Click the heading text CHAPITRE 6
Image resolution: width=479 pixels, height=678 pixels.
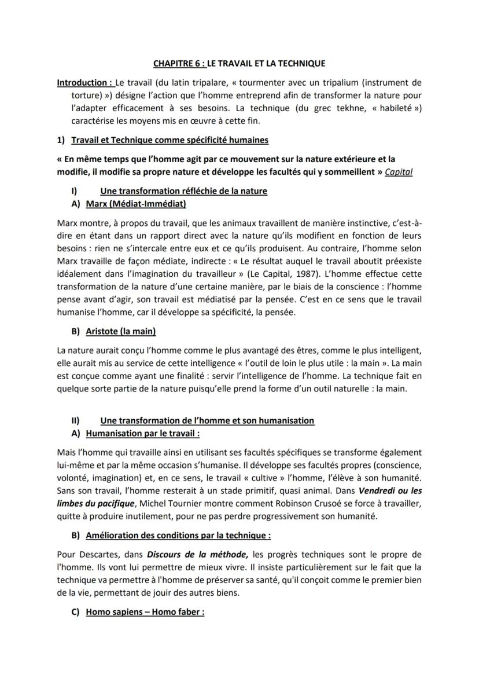pyautogui.click(x=179, y=63)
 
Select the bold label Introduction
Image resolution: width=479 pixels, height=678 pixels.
pyautogui.click(x=84, y=83)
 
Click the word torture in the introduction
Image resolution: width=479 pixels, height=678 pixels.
pyautogui.click(x=87, y=96)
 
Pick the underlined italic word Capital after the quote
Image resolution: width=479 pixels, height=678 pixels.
pyautogui.click(x=399, y=172)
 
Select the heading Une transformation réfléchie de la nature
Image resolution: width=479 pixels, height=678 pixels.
pyautogui.click(x=183, y=191)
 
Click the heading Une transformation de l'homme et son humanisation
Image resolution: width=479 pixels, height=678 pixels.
pyautogui.click(x=207, y=420)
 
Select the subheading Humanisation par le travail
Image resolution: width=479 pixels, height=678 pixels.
pyautogui.click(x=142, y=433)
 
